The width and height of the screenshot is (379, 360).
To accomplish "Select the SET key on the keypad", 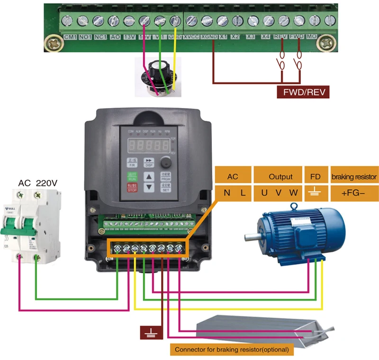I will pyautogui.click(x=166, y=187).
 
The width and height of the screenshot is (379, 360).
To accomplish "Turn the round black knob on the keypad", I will pyautogui.click(x=165, y=162).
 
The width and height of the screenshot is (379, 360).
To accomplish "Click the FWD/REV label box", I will pyautogui.click(x=302, y=91).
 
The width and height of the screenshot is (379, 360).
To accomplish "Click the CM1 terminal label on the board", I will pyautogui.click(x=70, y=37).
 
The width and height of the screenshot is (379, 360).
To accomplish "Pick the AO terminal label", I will pyautogui.click(x=115, y=37).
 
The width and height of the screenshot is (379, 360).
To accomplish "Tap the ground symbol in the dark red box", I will pyautogui.click(x=151, y=332).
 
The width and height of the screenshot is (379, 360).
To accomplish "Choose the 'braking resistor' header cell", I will pyautogui.click(x=354, y=177).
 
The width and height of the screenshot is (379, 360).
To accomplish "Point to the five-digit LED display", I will pyautogui.click(x=148, y=144).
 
